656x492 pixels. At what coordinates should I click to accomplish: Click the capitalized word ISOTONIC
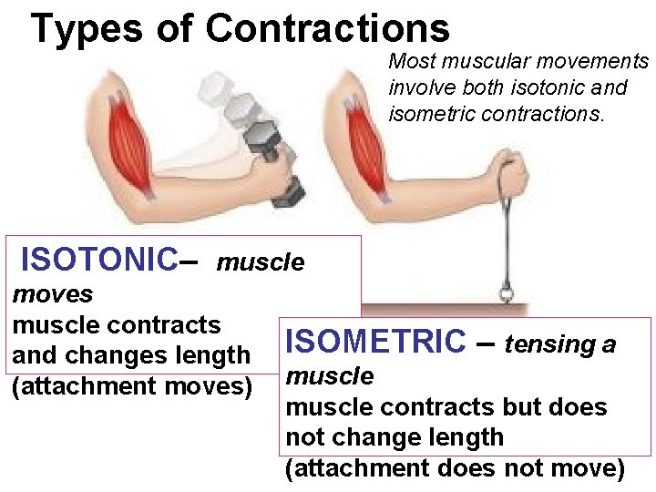coord(98,259)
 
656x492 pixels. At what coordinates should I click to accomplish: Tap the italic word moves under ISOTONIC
coord(52,294)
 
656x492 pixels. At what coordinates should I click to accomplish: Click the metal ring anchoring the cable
coord(507,293)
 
